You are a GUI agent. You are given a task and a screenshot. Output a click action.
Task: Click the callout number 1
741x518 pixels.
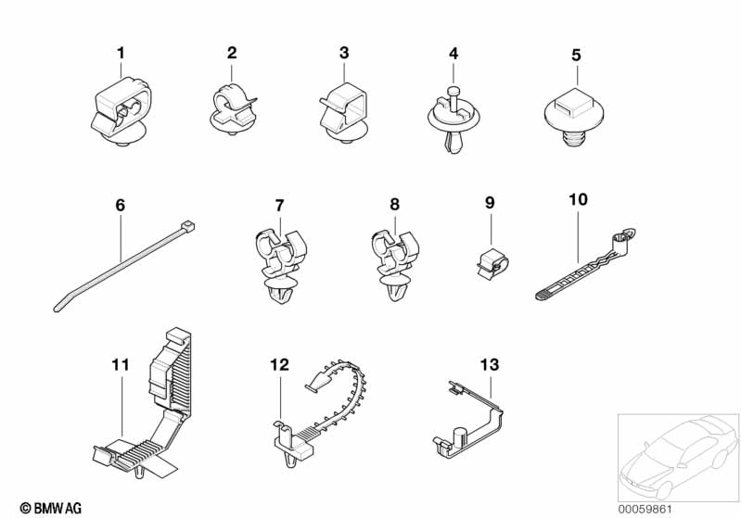(x=120, y=54)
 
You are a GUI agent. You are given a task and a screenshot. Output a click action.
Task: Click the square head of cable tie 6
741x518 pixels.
(x=189, y=225)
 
